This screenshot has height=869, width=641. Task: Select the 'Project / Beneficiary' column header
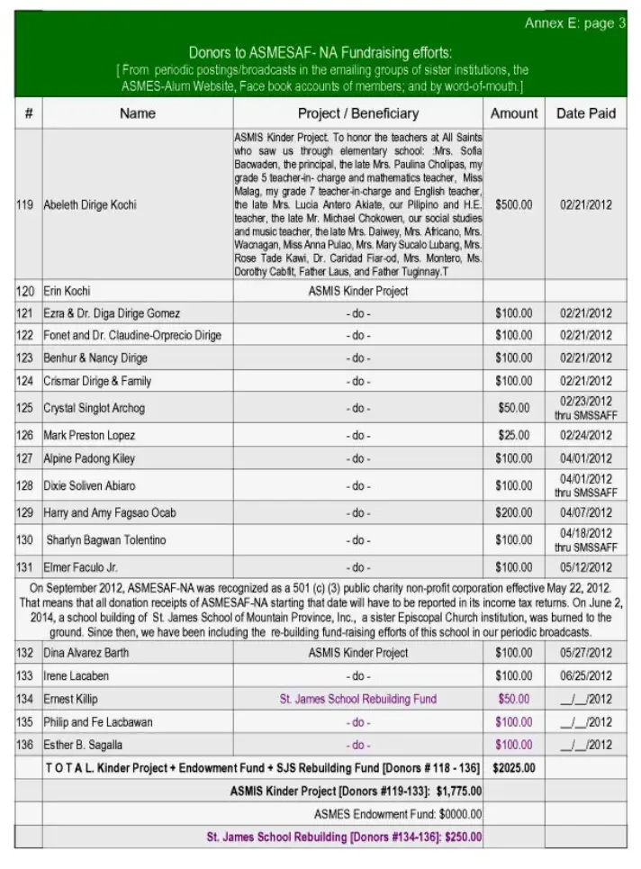[357, 113]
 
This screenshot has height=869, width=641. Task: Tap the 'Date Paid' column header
[585, 113]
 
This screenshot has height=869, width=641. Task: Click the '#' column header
[29, 113]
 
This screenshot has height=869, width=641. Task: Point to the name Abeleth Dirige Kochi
[90, 205]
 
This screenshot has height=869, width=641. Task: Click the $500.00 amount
[513, 205]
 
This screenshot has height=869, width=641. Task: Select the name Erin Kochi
[68, 291]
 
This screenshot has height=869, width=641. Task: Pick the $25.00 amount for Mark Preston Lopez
[514, 436]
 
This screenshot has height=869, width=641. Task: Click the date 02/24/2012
[585, 436]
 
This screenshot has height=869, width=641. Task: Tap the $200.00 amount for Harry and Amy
[513, 513]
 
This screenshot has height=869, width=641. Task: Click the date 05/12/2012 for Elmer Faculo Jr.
[585, 567]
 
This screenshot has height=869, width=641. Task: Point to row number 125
[25, 408]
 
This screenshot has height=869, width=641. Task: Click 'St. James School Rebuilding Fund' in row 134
[357, 699]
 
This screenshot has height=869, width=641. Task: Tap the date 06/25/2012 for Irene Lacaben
[585, 675]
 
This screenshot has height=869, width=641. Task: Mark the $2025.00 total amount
[514, 768]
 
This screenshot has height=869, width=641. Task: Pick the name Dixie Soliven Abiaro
[90, 486]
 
